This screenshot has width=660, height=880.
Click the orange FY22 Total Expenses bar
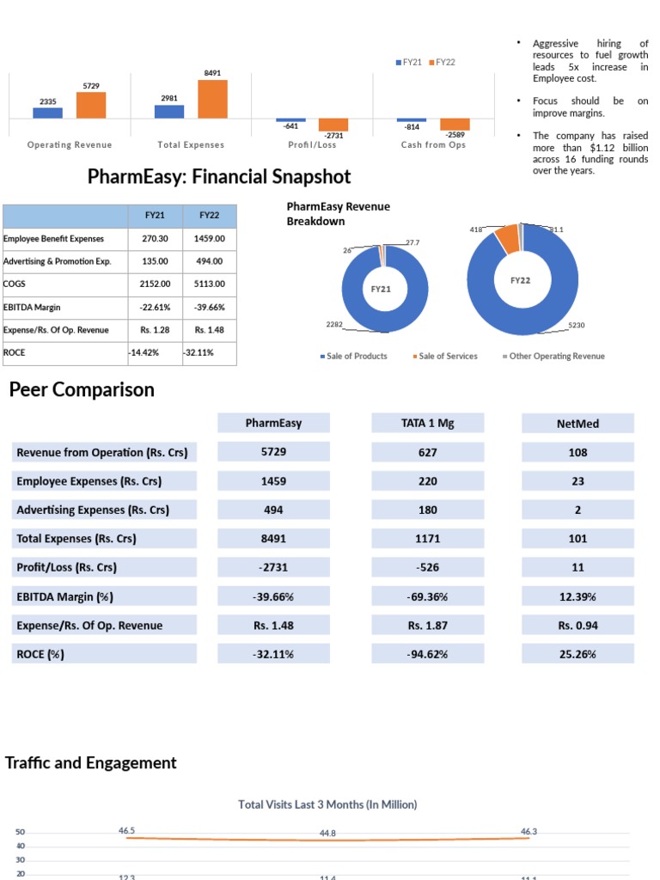click(212, 99)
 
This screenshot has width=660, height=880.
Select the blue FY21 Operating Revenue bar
click(48, 112)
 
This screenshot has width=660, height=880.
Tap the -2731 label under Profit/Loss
click(333, 136)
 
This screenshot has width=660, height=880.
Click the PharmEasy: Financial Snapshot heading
click(219, 177)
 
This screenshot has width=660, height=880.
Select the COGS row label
click(15, 284)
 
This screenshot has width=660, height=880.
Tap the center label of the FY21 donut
click(381, 290)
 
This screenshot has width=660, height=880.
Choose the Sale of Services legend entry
click(448, 357)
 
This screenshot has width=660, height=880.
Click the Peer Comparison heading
click(82, 390)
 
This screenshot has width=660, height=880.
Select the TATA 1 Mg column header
click(427, 423)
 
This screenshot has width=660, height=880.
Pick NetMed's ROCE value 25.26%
click(577, 654)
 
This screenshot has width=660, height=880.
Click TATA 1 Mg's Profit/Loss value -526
click(427, 567)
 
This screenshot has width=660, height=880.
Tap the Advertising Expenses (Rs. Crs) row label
click(93, 510)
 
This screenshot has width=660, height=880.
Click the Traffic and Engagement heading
click(91, 763)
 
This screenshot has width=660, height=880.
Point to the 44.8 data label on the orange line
click(327, 834)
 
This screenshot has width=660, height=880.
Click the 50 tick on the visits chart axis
click(21, 833)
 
